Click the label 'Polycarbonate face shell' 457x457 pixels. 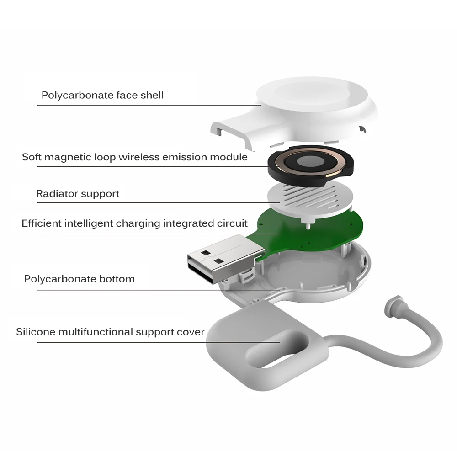pyautogui.click(x=102, y=96)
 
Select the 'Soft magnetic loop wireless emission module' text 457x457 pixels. pyautogui.click(x=135, y=157)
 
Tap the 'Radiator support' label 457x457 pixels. pyautogui.click(x=78, y=194)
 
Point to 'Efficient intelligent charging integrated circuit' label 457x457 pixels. pyautogui.click(x=134, y=223)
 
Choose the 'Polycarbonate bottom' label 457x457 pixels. pyautogui.click(x=79, y=279)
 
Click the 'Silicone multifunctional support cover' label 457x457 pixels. pyautogui.click(x=110, y=332)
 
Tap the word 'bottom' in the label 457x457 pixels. pyautogui.click(x=117, y=279)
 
